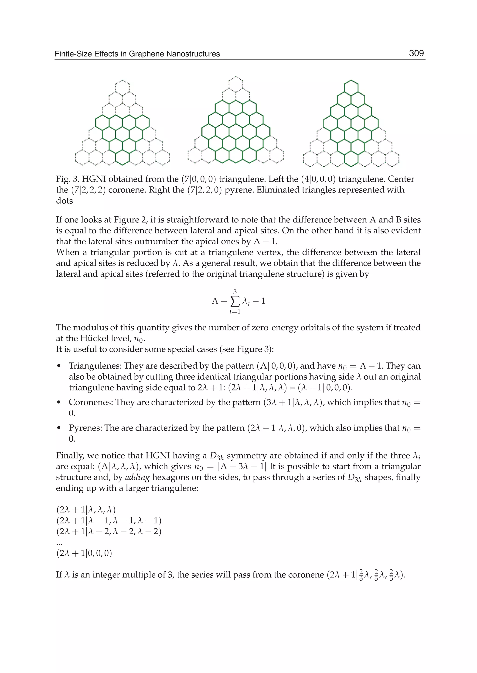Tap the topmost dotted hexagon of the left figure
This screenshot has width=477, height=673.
click(122, 87)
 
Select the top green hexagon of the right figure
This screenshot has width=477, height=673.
click(351, 87)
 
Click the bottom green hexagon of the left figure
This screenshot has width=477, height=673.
click(122, 158)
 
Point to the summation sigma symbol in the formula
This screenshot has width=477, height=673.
click(235, 301)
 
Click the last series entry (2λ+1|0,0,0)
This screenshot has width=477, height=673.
click(84, 553)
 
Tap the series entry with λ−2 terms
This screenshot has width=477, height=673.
click(109, 532)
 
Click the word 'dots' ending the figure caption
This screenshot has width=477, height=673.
click(64, 201)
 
